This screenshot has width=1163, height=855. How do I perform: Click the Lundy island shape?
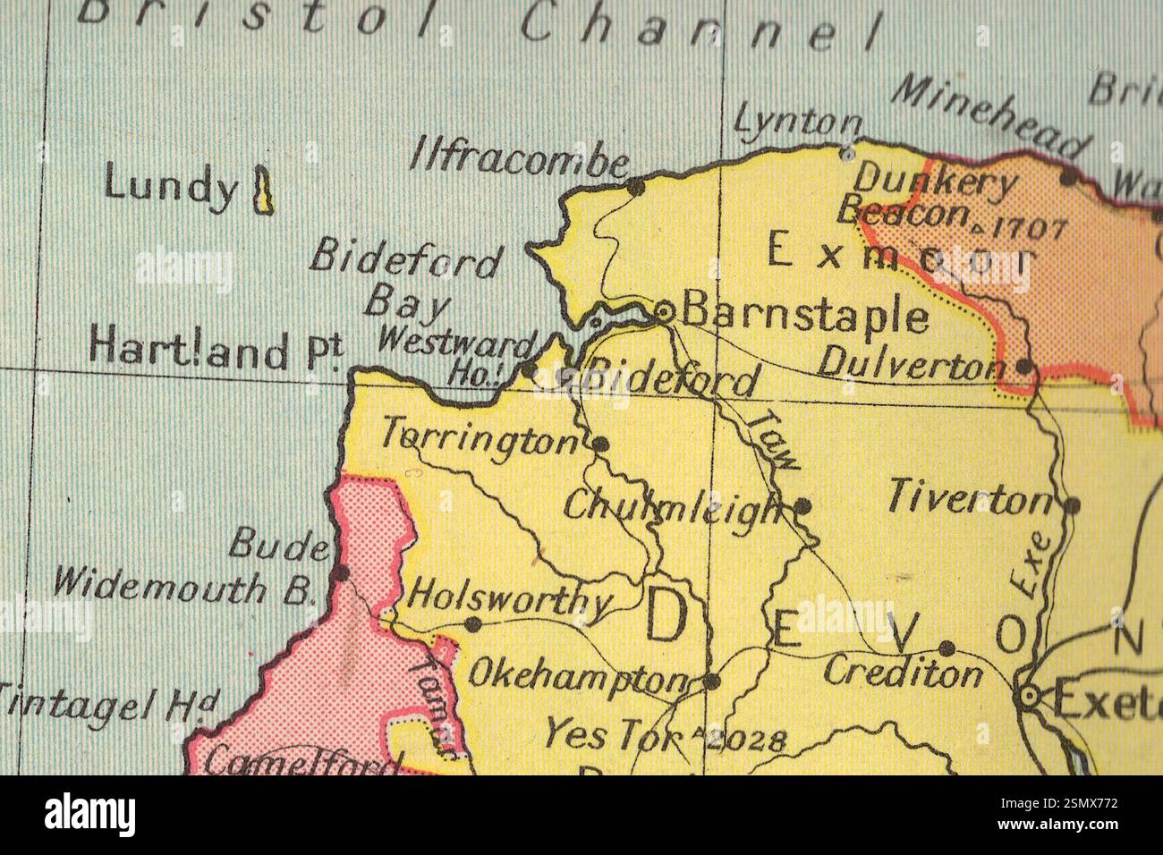tap(263, 190)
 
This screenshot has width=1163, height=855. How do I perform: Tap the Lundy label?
tap(170, 187)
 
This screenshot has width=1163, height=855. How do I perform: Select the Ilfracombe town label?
tap(519, 162)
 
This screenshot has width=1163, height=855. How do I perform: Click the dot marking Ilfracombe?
tap(635, 187)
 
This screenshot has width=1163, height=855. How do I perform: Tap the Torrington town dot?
tap(601, 443)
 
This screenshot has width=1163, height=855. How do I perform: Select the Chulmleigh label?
tap(672, 510)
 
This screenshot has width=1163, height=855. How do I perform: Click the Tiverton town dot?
tap(1073, 505)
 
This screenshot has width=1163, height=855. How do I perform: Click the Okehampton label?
tap(580, 679)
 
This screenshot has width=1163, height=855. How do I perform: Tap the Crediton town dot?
tap(947, 648)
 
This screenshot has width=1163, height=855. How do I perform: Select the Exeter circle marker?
tap(1031, 695)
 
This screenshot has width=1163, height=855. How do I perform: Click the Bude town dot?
tap(340, 572)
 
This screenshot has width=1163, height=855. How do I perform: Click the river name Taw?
tap(775, 437)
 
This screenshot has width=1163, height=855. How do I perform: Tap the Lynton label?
tap(797, 123)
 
